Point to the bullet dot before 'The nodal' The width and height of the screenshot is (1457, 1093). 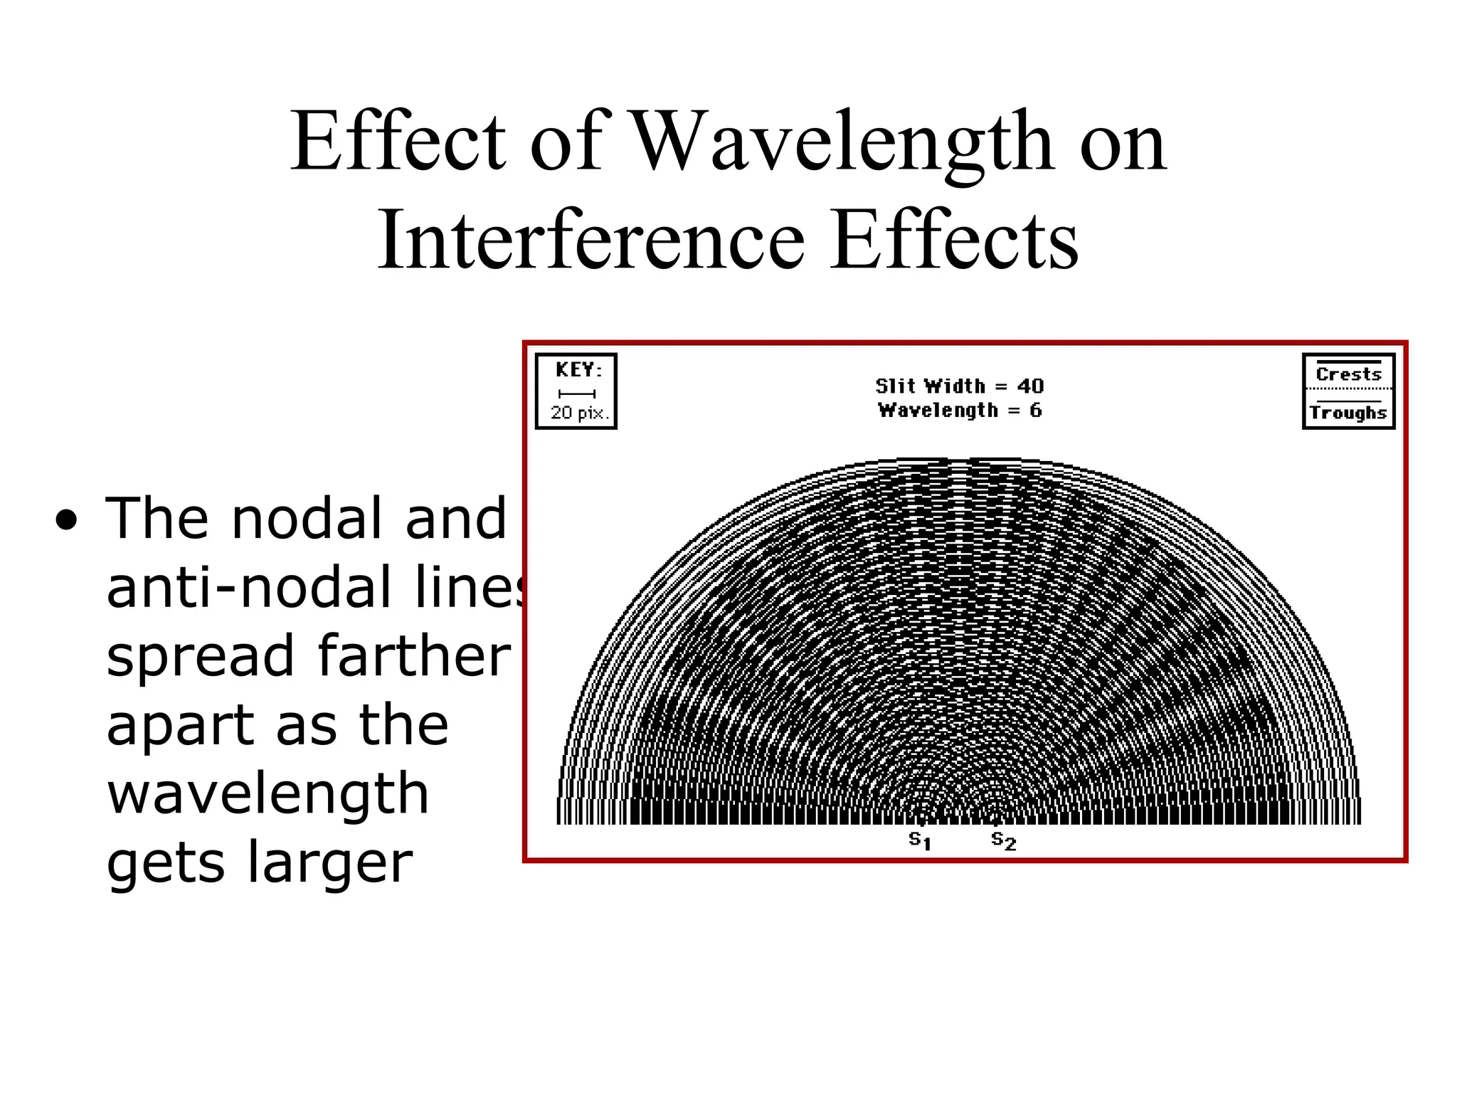pos(66,521)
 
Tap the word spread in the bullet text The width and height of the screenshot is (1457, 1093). pos(200,656)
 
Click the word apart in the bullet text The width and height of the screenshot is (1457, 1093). pos(178,724)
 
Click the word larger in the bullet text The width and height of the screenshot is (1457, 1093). pos(329,862)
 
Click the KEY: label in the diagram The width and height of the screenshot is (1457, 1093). pos(578,370)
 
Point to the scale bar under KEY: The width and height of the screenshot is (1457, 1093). pos(577,394)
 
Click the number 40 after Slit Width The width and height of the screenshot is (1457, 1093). pos(1030,386)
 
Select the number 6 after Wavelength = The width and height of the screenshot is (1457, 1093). pos(1035,410)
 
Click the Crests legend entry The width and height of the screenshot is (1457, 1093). pos(1348,374)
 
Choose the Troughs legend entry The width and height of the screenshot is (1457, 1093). pos(1348,413)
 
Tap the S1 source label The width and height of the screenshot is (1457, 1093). pos(920,840)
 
